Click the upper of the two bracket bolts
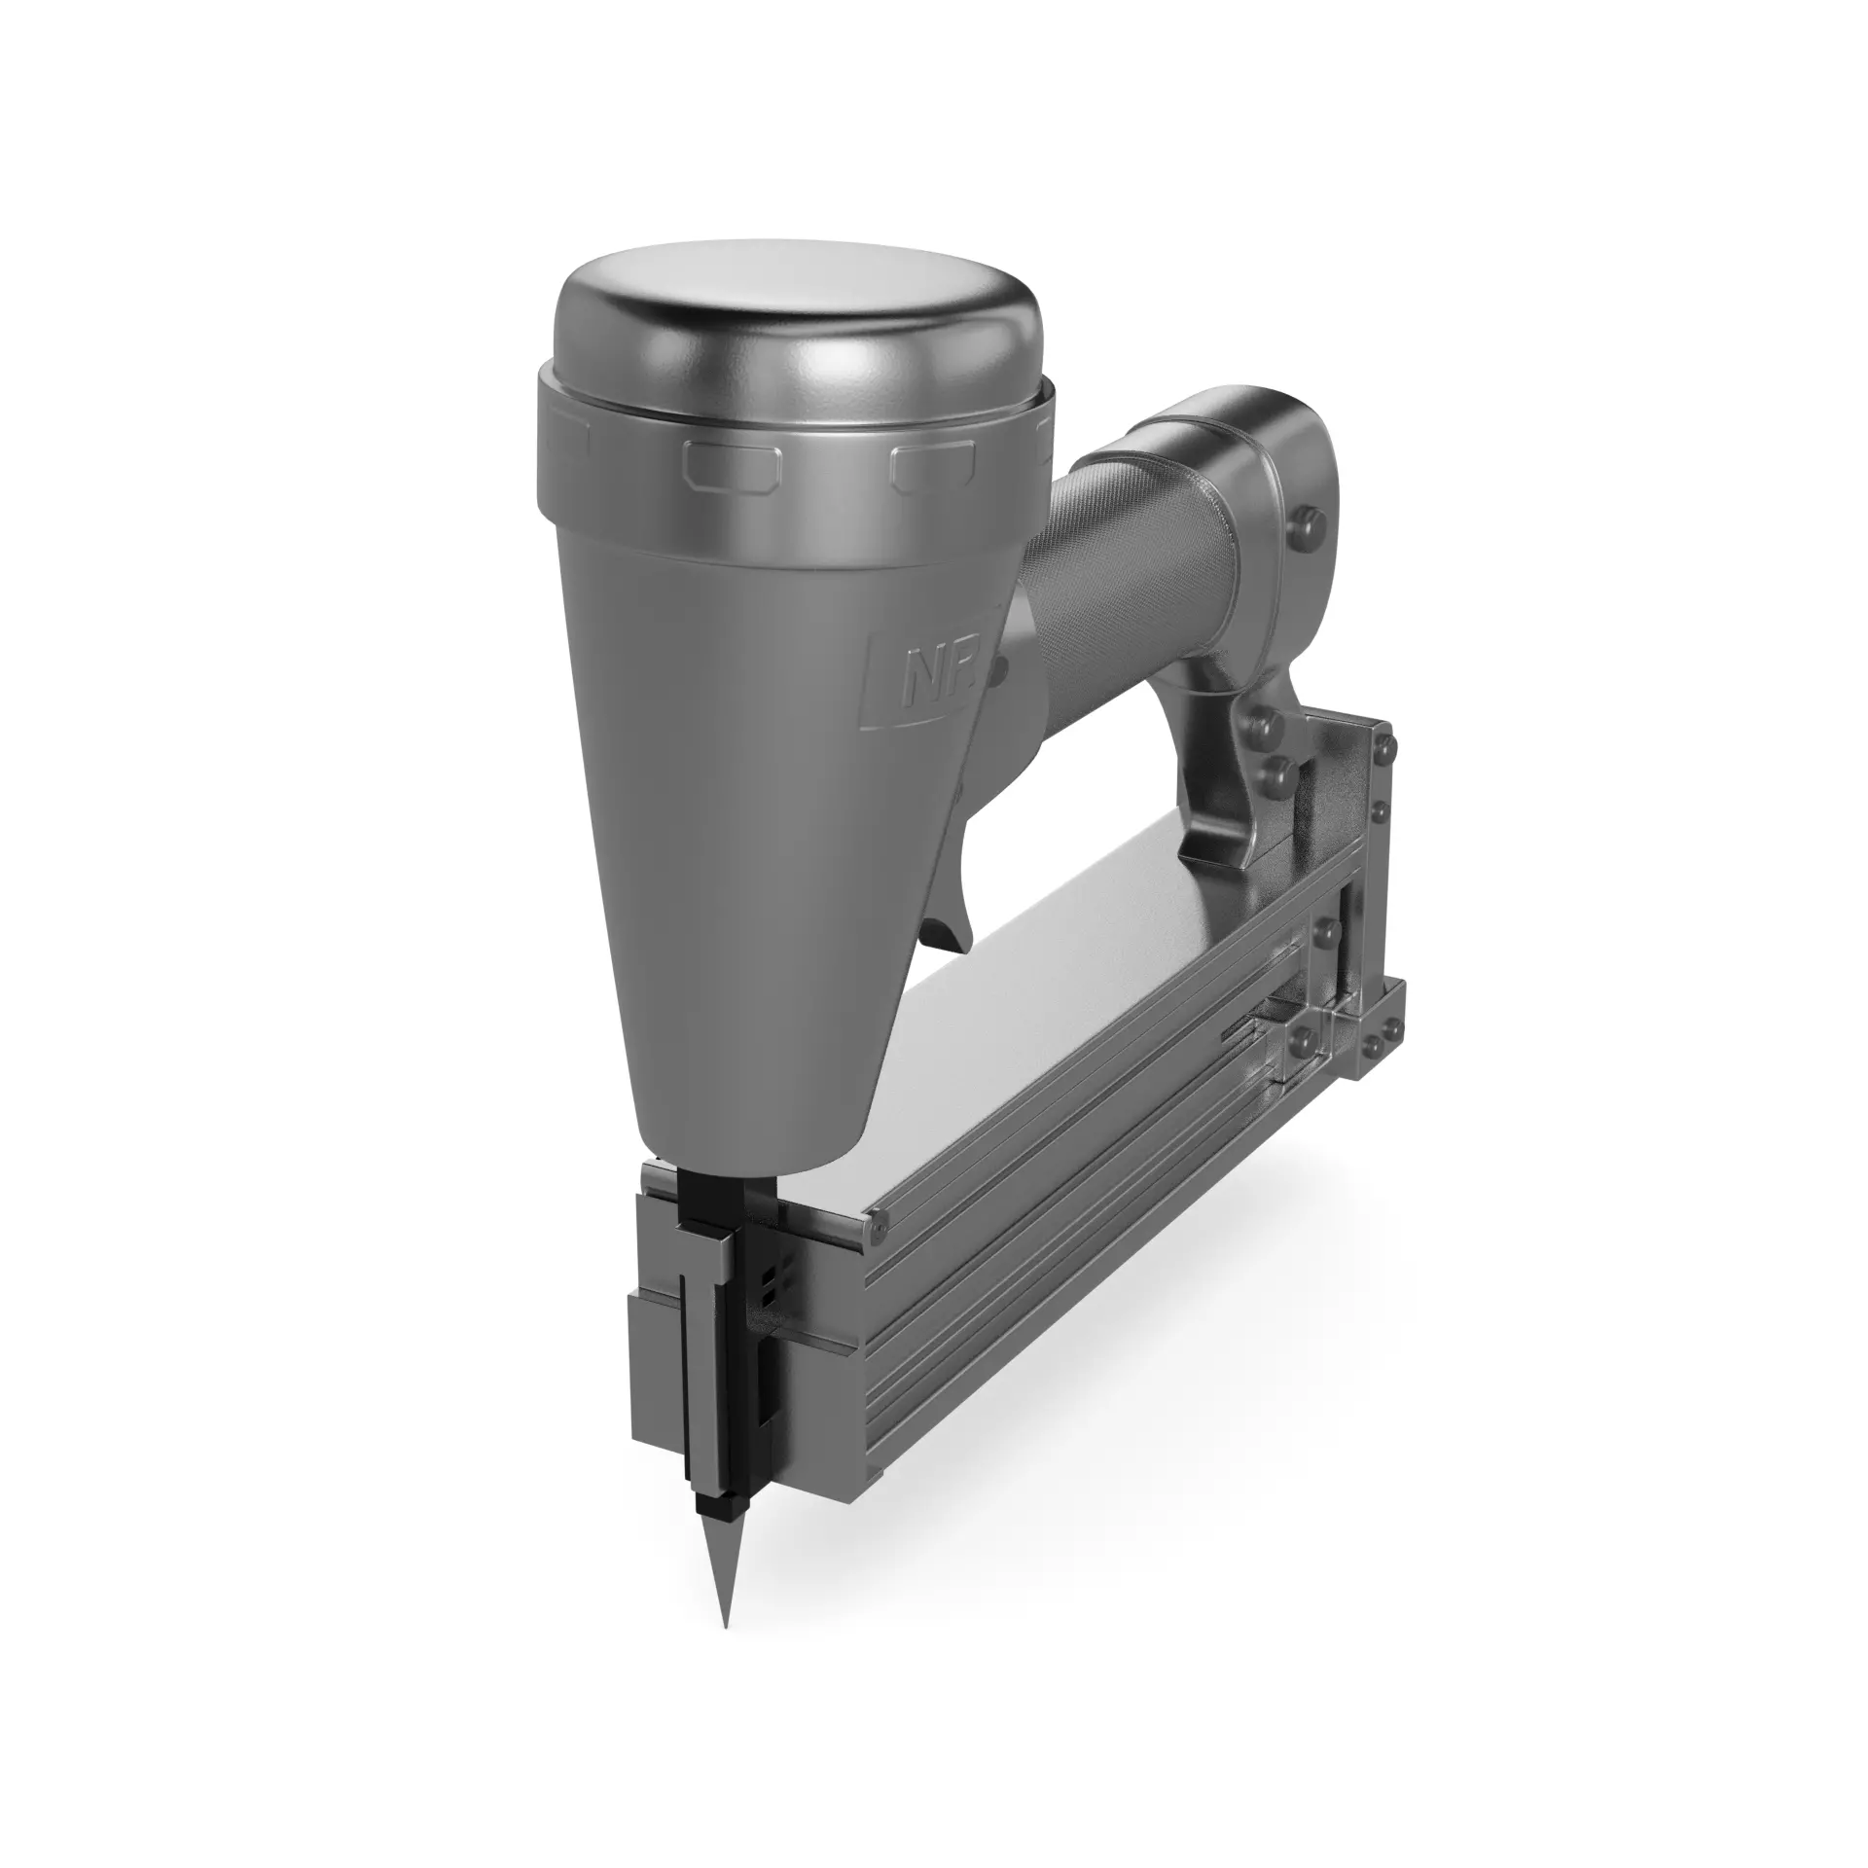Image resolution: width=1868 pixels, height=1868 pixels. (1264, 726)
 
